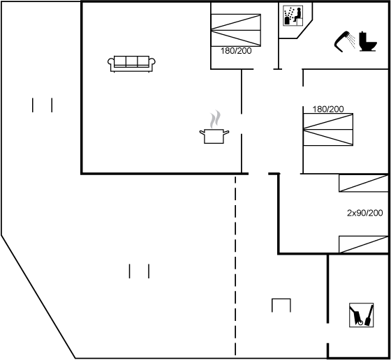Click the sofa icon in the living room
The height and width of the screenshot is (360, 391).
pyautogui.click(x=131, y=64)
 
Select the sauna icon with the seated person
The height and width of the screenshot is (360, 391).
pyautogui.click(x=293, y=15)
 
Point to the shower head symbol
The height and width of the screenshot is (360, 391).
pyautogui.click(x=344, y=41)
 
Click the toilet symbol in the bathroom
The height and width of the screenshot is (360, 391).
pyautogui.click(x=368, y=41)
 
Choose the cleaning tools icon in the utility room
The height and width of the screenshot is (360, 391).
pyautogui.click(x=362, y=315)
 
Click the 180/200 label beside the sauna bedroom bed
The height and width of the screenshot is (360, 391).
pyautogui.click(x=236, y=51)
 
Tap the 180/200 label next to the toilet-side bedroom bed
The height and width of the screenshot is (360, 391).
pyautogui.click(x=328, y=109)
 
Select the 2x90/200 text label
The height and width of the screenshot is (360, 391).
pyautogui.click(x=364, y=213)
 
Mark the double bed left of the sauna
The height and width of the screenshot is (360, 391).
pyautogui.click(x=236, y=30)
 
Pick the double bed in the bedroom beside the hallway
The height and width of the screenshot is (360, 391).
pyautogui.click(x=328, y=129)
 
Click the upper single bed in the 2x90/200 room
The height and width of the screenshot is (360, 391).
pyautogui.click(x=364, y=183)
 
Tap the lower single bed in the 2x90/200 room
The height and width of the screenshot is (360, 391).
pyautogui.click(x=364, y=244)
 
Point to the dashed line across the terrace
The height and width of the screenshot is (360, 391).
pyautogui.click(x=235, y=265)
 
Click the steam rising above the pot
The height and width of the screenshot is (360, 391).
pyautogui.click(x=215, y=119)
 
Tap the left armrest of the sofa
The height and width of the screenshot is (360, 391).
pyautogui.click(x=111, y=63)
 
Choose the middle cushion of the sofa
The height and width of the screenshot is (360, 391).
pyautogui.click(x=131, y=61)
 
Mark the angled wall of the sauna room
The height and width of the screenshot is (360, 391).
pyautogui.click(x=304, y=29)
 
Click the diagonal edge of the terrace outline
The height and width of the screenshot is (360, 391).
pyautogui.click(x=38, y=297)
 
